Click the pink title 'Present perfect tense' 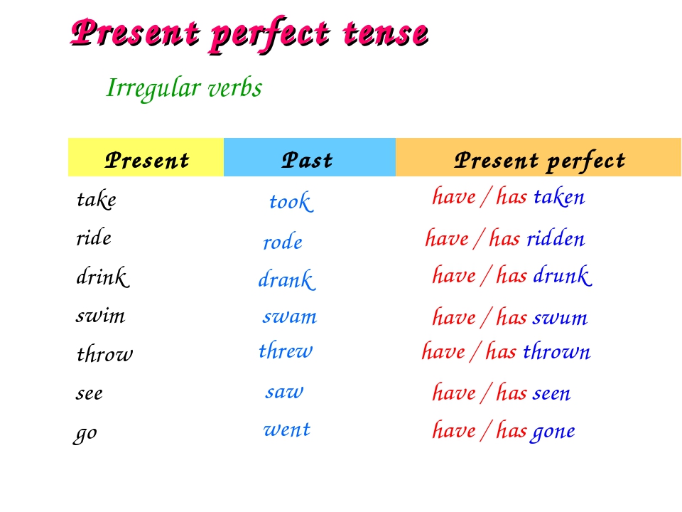249,34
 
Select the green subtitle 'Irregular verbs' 184,88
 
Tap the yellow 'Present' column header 146,158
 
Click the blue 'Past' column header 310,158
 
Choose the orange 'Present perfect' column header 538,158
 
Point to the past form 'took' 291,201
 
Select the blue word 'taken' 559,197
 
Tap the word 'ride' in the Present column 94,238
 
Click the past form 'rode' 283,242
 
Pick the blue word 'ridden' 556,239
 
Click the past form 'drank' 287,279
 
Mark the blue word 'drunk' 563,276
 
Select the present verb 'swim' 100,315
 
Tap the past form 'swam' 290,316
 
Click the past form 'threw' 286,351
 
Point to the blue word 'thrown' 557,351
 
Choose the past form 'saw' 284,392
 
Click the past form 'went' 286,430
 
